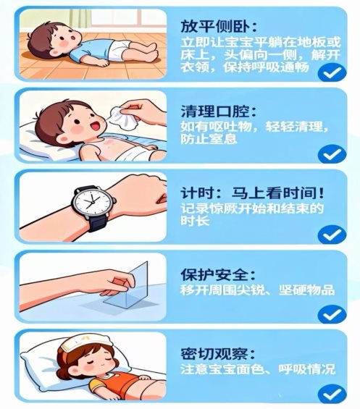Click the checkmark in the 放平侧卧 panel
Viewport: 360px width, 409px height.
point(332,72)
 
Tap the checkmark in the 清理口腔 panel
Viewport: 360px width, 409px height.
point(332,153)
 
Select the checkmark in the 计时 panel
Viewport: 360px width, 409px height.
point(332,235)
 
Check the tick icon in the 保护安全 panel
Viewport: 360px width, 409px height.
point(332,314)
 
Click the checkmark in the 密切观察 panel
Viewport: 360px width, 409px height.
point(332,394)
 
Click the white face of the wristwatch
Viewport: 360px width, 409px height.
point(92,203)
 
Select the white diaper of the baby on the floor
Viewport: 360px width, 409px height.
point(118,50)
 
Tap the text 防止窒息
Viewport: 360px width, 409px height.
point(209,138)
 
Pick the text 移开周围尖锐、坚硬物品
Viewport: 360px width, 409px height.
point(257,290)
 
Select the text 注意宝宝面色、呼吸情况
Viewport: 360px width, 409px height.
point(257,369)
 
